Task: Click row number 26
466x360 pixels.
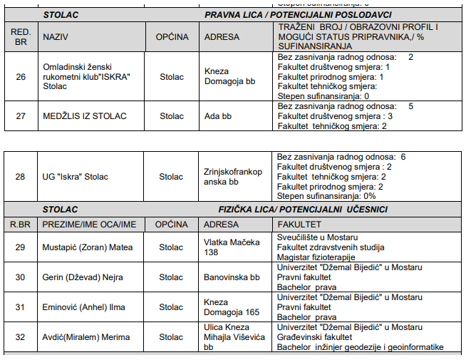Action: pos(20,76)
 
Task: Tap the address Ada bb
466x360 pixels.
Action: pos(218,115)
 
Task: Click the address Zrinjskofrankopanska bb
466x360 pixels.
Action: pos(233,177)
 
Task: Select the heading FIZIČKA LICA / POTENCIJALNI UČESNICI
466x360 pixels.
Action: pos(303,210)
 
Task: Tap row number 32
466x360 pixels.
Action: pos(20,337)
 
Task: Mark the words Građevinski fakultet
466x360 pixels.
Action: pos(314,337)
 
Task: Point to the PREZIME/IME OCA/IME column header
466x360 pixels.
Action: pos(89,224)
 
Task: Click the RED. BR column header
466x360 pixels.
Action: pos(20,36)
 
